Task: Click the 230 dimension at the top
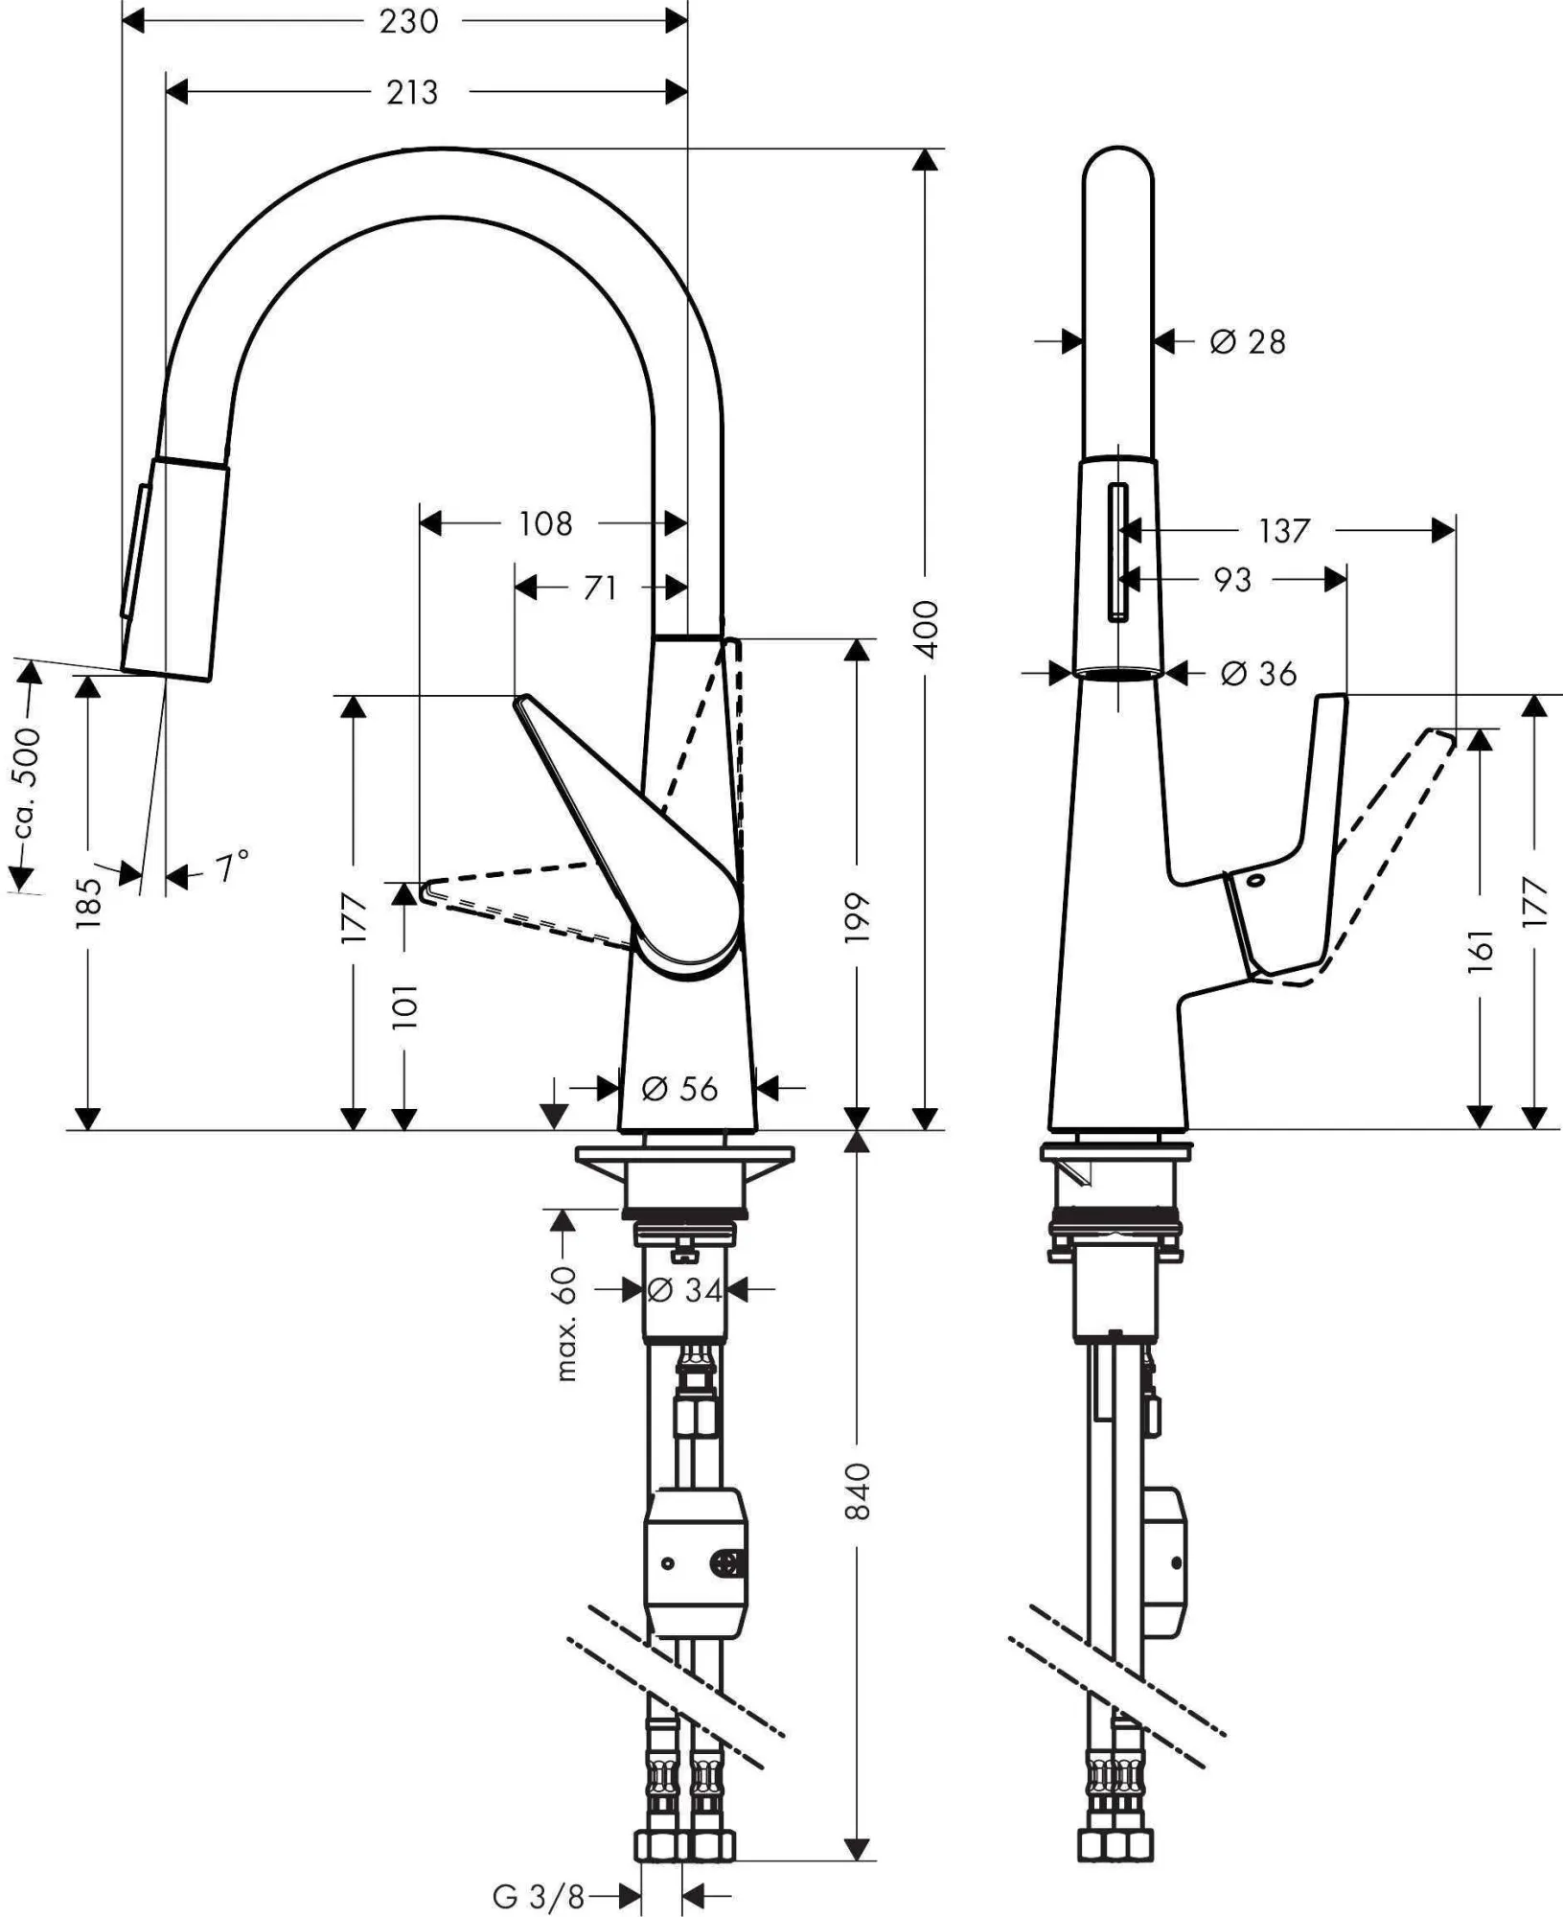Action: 409,21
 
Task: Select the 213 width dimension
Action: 412,93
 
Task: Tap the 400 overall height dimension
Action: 926,629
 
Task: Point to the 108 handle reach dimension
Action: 545,523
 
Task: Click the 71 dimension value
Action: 600,588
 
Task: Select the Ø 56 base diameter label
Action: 679,1089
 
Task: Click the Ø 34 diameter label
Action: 684,1290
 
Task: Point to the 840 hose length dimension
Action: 857,1490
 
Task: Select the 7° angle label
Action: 230,867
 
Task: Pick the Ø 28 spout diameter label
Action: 1247,341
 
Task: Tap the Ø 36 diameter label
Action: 1258,674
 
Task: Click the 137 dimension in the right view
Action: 1284,530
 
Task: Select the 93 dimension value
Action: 1232,580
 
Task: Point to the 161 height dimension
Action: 1481,949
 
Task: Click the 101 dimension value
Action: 405,1005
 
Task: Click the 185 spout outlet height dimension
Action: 88,902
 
